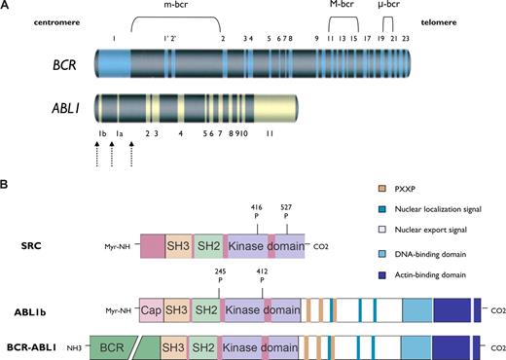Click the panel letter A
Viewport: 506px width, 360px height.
coord(6,7)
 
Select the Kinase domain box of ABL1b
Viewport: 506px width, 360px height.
coord(262,310)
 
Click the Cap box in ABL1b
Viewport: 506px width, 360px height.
coord(152,310)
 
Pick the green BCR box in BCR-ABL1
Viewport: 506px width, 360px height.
coord(112,344)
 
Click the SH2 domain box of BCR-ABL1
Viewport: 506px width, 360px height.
coord(203,344)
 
